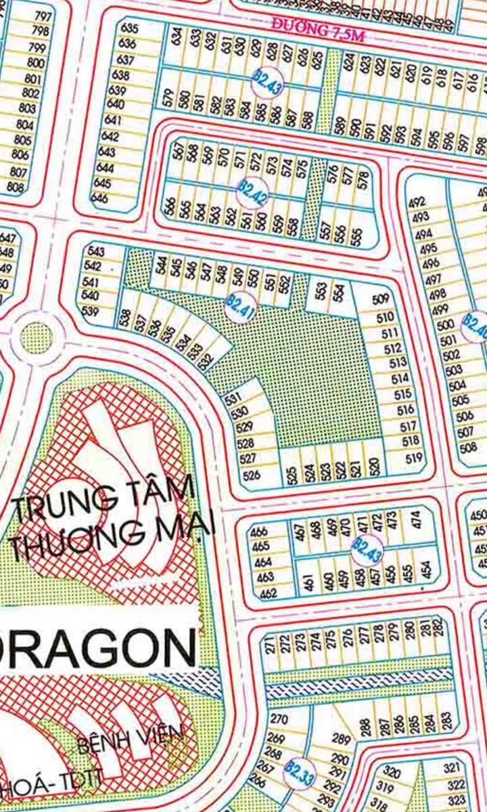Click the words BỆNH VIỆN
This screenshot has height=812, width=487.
coord(130,739)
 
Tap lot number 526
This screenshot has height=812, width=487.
coord(251,475)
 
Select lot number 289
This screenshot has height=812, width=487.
coord(342,739)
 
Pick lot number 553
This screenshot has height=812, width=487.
coord(321,291)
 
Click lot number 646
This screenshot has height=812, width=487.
coord(99,198)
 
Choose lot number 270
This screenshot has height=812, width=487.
coord(278,719)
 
